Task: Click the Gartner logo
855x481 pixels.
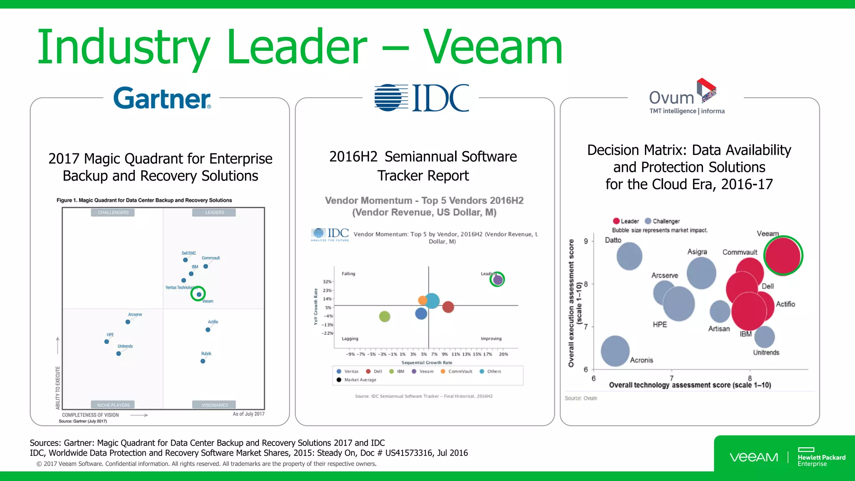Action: pos(162,98)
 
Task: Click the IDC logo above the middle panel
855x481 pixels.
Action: pos(422,98)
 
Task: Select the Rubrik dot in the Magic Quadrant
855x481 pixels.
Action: pos(203,361)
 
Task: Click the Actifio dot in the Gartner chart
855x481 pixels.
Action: pos(208,330)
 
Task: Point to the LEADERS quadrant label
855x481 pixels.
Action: pos(214,213)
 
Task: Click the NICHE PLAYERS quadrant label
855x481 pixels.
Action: pos(113,405)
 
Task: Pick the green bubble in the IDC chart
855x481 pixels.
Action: pos(384,316)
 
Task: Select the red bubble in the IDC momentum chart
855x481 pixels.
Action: pos(448,307)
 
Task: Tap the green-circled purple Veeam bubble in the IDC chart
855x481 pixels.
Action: pos(497,279)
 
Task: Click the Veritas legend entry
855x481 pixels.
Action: pos(348,371)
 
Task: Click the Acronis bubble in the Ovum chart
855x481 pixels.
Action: pos(615,351)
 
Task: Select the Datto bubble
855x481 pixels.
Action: pos(629,256)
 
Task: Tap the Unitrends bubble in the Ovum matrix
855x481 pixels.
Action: pos(764,337)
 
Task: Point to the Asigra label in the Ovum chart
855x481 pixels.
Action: pos(697,252)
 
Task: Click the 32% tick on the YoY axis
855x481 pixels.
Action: pos(327,282)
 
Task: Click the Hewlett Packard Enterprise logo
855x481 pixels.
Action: pos(821,458)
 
